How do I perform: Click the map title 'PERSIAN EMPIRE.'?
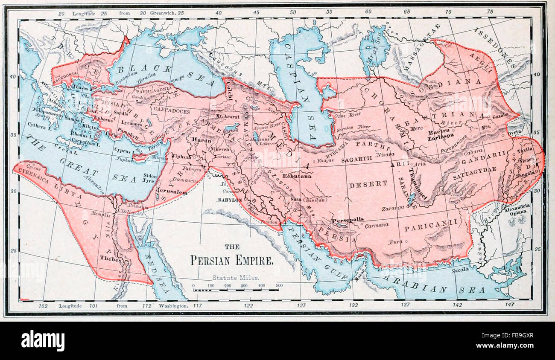[232, 260]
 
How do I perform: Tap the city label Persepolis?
[348, 219]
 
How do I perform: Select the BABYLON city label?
[229, 200]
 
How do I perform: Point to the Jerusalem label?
[172, 192]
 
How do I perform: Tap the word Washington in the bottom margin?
[173, 306]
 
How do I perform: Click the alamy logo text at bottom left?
[43, 340]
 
